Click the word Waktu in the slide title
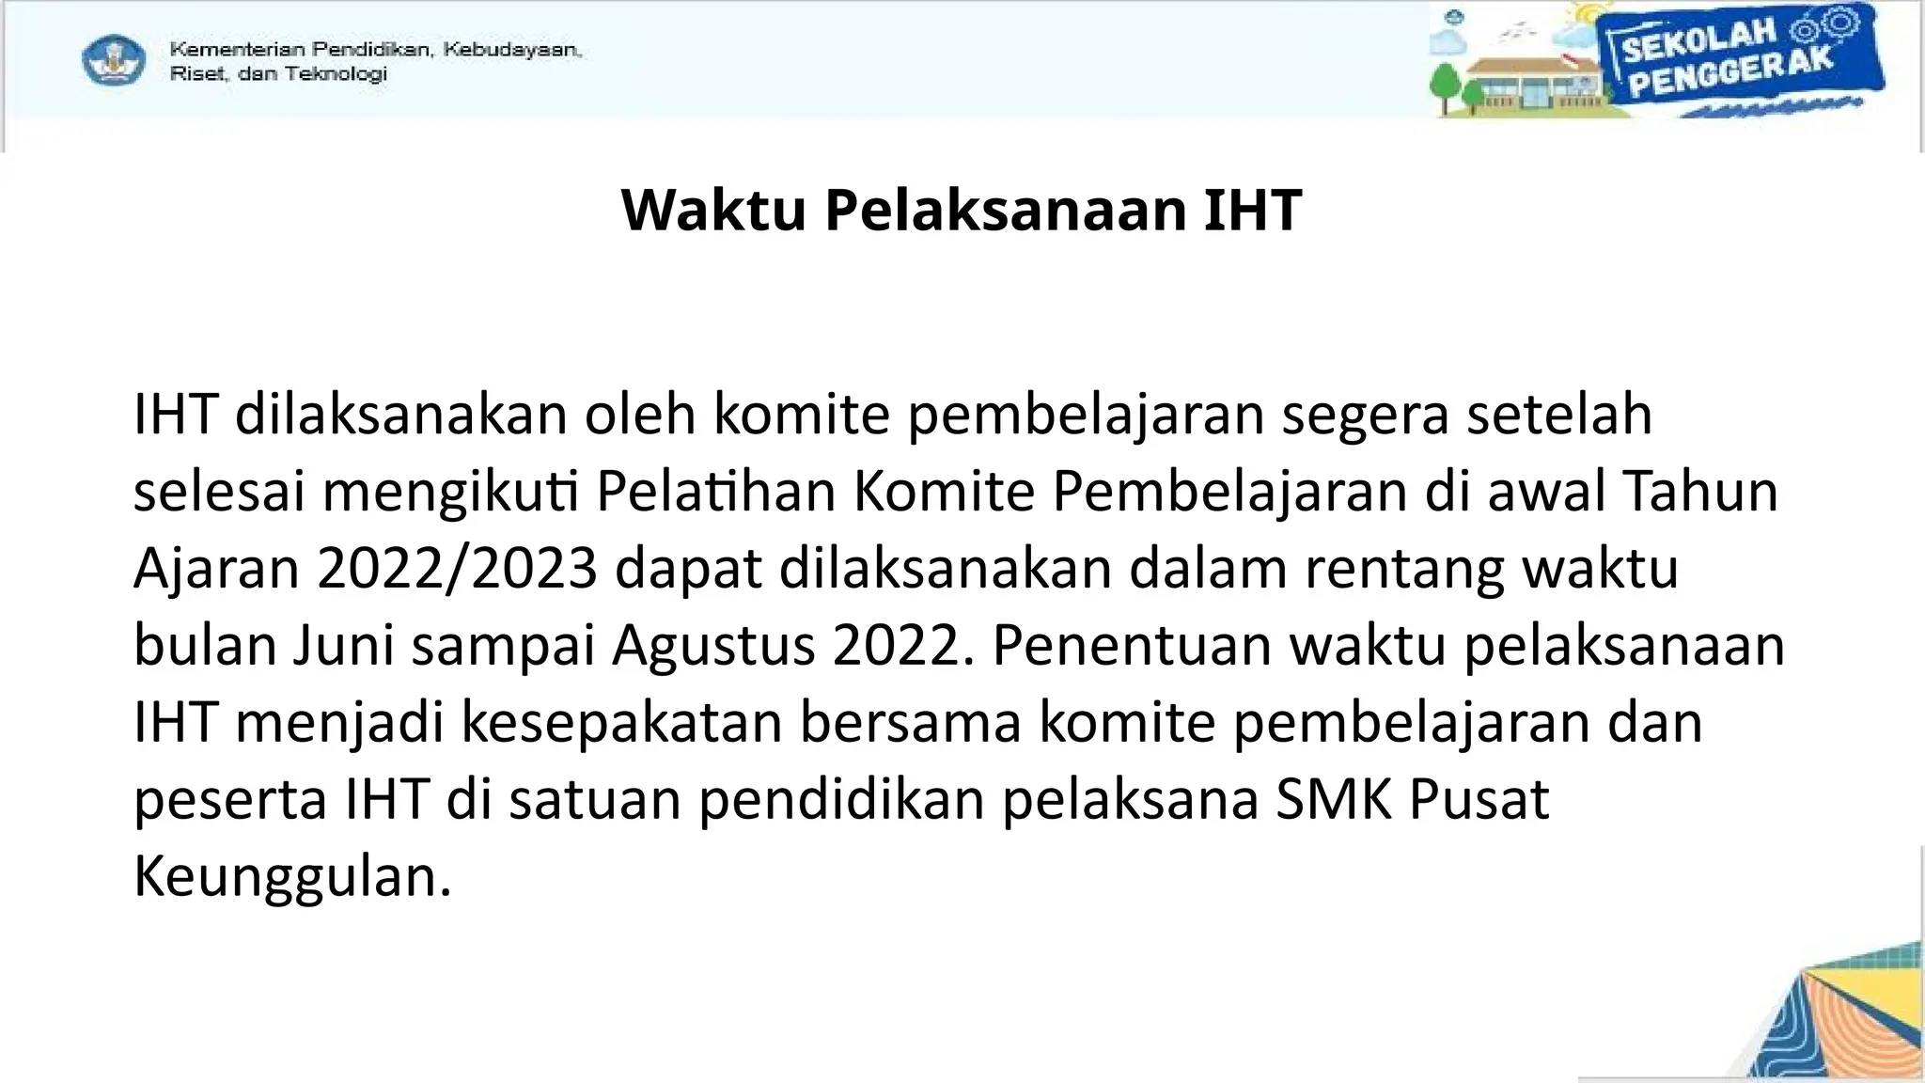click(713, 210)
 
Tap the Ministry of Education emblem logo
click(114, 61)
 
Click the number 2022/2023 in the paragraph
click(458, 569)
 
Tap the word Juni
click(343, 646)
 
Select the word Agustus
click(714, 646)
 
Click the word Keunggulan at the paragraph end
click(292, 877)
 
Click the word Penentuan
click(1132, 646)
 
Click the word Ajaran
click(216, 569)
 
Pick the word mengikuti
click(450, 492)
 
